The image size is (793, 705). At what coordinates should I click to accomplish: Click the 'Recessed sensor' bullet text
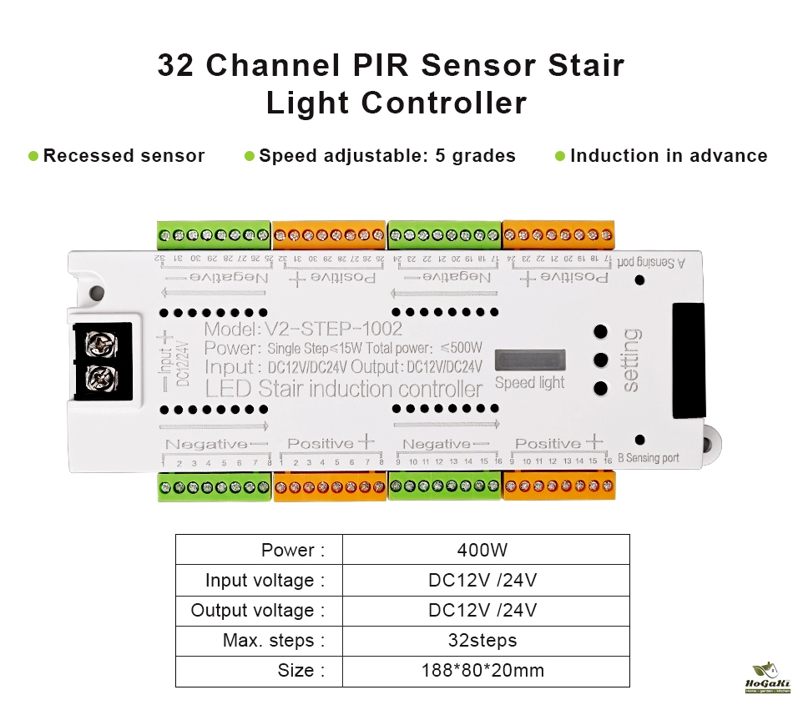point(124,156)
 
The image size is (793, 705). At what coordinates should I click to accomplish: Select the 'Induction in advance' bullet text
point(668,156)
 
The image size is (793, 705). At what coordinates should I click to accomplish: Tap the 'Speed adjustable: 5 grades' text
point(387,156)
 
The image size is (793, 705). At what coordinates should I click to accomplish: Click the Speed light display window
point(529,360)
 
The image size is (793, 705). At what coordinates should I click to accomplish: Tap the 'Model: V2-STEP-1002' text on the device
point(302,329)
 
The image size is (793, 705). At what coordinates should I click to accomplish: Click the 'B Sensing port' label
point(648,458)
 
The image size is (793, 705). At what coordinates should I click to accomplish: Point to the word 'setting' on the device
point(632,360)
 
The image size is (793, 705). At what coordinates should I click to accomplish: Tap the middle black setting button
point(600,360)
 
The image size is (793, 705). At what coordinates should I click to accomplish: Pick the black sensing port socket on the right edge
point(688,360)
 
